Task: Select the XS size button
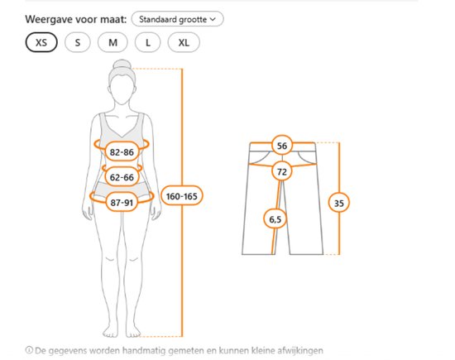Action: point(41,43)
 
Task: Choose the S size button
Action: point(78,43)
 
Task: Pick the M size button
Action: point(113,43)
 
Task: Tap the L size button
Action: point(148,43)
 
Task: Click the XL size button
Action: point(184,43)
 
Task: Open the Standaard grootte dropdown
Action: point(177,19)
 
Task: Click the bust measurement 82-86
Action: point(122,151)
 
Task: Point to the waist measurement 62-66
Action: point(122,177)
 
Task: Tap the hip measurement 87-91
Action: point(122,203)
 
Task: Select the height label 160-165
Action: point(182,196)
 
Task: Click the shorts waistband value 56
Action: point(282,146)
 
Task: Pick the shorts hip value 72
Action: point(282,171)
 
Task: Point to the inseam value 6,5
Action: point(275,219)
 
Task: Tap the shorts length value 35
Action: point(339,203)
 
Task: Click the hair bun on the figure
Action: point(122,65)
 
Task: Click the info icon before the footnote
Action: point(29,350)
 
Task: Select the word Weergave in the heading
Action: point(49,20)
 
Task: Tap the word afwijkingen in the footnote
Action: point(300,351)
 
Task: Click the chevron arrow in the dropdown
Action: point(213,20)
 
